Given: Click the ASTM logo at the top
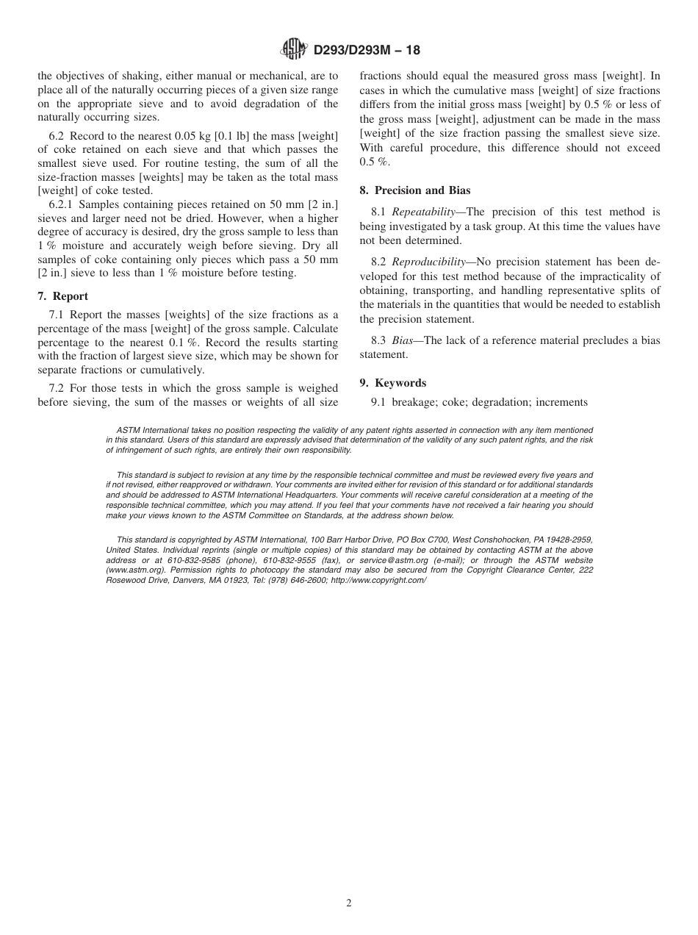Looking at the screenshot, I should coord(295,50).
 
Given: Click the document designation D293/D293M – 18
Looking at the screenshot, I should coord(367,51).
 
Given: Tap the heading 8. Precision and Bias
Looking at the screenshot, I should coord(415,190).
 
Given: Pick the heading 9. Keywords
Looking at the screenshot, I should coord(393,383).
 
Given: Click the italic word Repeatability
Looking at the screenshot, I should coord(423,212).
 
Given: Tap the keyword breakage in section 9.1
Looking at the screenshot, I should coord(413,402).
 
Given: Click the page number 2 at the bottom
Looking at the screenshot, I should coord(349,903).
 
